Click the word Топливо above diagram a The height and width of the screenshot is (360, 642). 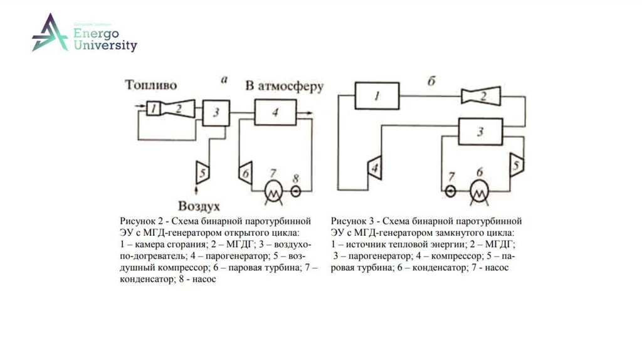coord(150,85)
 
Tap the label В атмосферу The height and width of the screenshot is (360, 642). coord(283,87)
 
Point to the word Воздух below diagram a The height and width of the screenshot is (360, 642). coord(199,206)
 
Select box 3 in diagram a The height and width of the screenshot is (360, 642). coord(216,113)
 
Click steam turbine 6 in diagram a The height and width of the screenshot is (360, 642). coord(245,170)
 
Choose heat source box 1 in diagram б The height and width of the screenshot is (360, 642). coord(377,97)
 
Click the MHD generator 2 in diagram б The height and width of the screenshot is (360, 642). coord(481,96)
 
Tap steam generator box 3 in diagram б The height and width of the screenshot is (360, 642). coord(480,132)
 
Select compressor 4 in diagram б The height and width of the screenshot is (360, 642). coord(374,167)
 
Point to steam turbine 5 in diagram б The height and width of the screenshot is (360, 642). coord(517,165)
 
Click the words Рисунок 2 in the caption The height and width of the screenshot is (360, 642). coord(141,221)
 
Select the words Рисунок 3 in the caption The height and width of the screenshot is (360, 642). coord(353,221)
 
